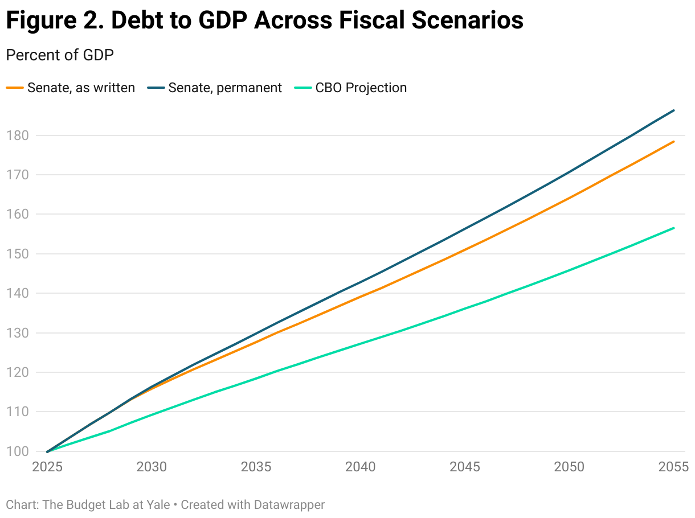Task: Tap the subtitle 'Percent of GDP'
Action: pos(59,55)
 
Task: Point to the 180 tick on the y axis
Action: pos(17,135)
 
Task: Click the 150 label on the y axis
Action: pos(17,254)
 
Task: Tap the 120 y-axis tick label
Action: pos(17,372)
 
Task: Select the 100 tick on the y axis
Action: pos(17,451)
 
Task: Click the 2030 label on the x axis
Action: pos(152,467)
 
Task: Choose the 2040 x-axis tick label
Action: pos(361,467)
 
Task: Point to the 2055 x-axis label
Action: pos(673,467)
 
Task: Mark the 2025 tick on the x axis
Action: pos(47,467)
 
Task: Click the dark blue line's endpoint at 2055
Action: pos(674,110)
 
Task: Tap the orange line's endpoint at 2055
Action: pos(674,142)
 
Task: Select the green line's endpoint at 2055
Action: pos(674,228)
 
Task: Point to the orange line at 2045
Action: pos(465,248)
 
